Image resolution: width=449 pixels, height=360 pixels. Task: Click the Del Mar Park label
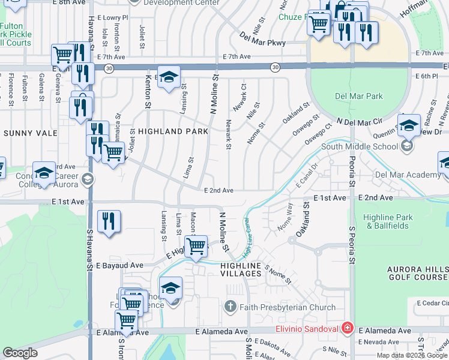click(358, 96)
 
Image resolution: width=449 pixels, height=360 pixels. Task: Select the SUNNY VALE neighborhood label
click(29, 133)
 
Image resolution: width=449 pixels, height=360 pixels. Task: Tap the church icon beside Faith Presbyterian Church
click(230, 308)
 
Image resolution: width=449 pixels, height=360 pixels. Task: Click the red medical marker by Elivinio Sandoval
click(347, 328)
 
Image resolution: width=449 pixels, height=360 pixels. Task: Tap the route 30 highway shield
click(275, 67)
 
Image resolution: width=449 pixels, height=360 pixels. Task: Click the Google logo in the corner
click(20, 353)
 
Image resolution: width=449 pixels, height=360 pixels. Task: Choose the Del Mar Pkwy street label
click(265, 43)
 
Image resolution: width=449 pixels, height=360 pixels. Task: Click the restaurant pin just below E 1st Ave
click(109, 221)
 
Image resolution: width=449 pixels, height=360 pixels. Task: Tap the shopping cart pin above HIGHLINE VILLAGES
click(196, 246)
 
